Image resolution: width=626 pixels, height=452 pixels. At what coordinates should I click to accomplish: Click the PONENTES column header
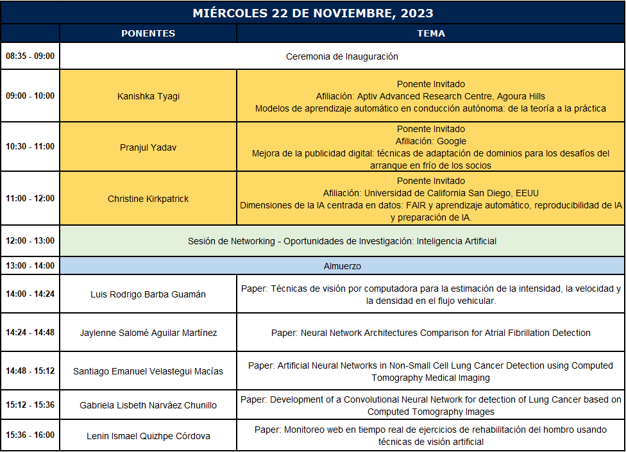(x=148, y=33)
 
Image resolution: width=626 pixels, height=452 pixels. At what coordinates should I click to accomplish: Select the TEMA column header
(x=430, y=33)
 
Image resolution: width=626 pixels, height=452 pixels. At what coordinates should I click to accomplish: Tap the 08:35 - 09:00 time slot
(x=30, y=56)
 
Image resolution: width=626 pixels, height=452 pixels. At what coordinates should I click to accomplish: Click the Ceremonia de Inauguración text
(x=342, y=56)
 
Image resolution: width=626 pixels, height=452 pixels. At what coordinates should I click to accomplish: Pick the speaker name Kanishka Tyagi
(x=148, y=96)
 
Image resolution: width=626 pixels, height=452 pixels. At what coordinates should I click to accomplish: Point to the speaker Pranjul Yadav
(x=148, y=147)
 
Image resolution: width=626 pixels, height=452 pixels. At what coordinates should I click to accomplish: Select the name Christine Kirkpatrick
(x=148, y=199)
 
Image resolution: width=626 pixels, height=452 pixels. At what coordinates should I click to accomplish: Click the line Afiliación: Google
(x=430, y=141)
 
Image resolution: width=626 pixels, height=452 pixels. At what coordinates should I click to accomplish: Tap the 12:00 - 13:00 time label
(x=30, y=241)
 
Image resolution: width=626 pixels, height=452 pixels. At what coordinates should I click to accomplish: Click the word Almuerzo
(x=342, y=265)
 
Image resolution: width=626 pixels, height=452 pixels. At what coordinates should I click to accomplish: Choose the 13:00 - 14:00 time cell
(x=30, y=265)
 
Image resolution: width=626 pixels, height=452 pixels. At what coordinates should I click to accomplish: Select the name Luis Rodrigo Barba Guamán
(x=148, y=294)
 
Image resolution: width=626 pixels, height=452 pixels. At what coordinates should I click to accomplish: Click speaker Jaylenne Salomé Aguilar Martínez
(x=148, y=333)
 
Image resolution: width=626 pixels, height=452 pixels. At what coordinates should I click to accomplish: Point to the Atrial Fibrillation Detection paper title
(x=430, y=333)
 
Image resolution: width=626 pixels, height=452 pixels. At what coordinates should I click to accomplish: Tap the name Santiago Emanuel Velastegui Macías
(x=148, y=371)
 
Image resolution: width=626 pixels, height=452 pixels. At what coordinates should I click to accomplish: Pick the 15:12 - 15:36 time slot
(x=30, y=405)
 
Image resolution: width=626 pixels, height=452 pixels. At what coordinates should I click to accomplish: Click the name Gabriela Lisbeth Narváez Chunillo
(x=148, y=405)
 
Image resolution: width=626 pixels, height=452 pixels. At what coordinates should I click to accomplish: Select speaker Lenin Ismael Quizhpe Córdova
(x=148, y=436)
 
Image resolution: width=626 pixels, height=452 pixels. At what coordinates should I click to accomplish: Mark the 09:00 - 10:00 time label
(x=30, y=96)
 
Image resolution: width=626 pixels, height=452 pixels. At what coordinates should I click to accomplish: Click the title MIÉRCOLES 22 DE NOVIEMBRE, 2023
(x=313, y=13)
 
